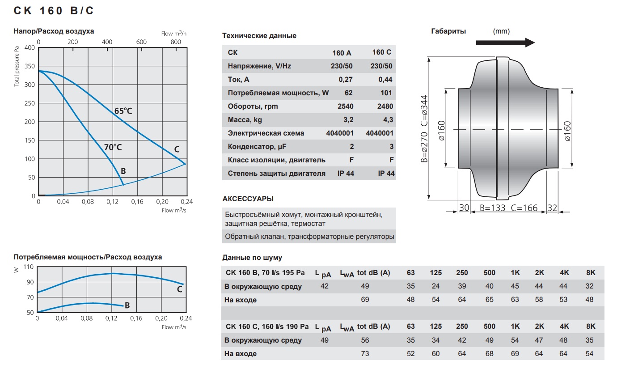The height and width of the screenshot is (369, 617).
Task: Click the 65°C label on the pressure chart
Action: pos(123,111)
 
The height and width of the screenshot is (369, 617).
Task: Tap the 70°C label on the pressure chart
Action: pos(113,147)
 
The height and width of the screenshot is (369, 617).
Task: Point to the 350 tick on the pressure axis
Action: pos(30,66)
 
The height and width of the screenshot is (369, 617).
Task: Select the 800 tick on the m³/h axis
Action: pos(176,42)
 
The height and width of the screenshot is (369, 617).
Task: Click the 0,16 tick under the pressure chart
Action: pos(137,202)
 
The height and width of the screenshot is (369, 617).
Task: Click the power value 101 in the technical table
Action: pos(386,93)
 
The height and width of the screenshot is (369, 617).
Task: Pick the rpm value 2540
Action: pos(346,106)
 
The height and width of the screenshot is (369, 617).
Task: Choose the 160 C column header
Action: pos(382,52)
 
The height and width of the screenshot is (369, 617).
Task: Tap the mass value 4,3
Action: pos(388,120)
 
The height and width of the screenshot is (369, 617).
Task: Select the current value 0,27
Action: pos(346,80)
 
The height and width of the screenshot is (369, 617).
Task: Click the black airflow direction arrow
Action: pos(505,42)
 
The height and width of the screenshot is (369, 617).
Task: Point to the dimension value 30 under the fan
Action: pos(464,208)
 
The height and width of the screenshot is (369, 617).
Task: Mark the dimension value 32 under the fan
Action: pos(552,208)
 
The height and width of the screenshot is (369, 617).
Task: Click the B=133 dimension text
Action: pos(493,208)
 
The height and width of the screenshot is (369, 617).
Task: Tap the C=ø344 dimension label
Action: pos(424,111)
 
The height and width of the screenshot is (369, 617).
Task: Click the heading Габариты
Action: pos(448,31)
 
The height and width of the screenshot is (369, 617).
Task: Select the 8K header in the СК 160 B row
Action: pos(591,273)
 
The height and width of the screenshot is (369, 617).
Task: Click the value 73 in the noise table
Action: pos(365,353)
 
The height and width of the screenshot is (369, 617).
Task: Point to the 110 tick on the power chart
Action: pos(28,267)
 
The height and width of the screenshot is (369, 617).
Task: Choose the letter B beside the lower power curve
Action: pos(127,305)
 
